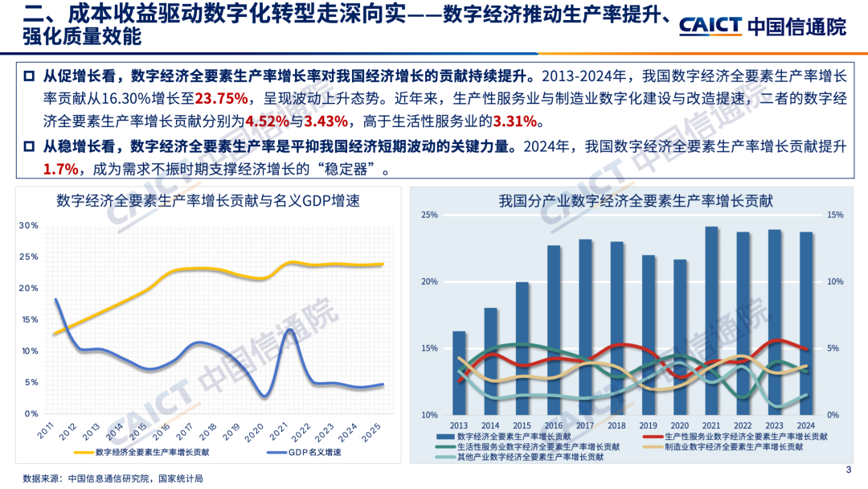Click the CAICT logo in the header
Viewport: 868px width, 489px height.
point(762,27)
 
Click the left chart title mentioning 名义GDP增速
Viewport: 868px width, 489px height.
point(208,201)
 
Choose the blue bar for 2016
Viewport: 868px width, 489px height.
point(554,330)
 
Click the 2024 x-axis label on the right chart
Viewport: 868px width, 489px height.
point(806,425)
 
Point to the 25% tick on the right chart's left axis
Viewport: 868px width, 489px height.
point(430,216)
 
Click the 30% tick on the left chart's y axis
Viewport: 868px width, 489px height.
point(29,225)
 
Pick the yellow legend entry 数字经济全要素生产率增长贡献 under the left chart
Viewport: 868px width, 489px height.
point(145,452)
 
